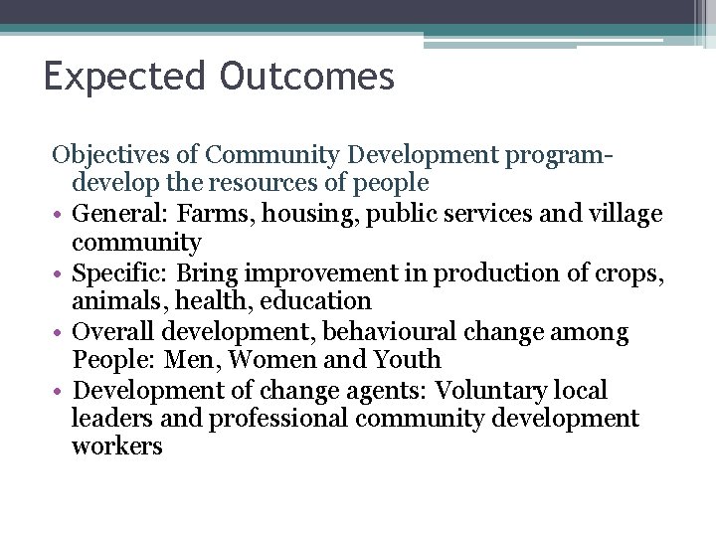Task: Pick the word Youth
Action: pos(409,360)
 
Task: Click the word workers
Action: pos(116,447)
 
